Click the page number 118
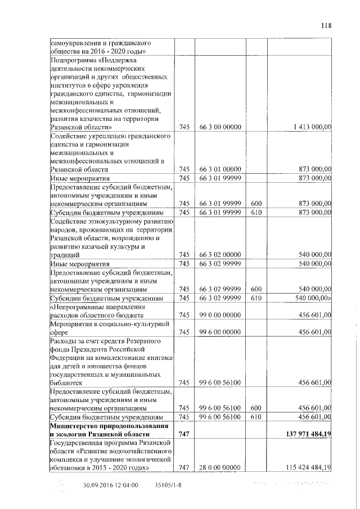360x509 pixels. point(327,25)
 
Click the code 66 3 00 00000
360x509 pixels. point(220,128)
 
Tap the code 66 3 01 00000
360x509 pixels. point(220,169)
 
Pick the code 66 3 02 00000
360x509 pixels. point(220,255)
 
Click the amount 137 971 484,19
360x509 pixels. point(299,434)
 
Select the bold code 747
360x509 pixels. point(184,434)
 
